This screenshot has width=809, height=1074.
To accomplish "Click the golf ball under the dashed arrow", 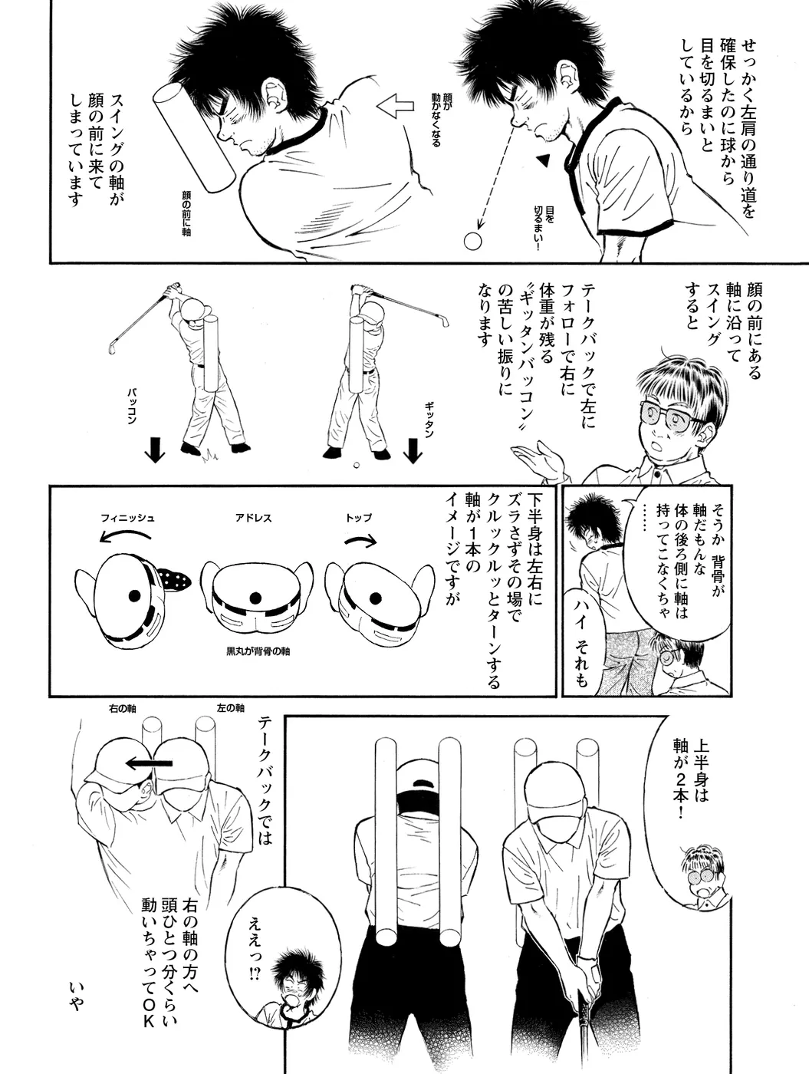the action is pyautogui.click(x=472, y=241).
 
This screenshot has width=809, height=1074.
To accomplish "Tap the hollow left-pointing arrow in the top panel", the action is pyautogui.click(x=396, y=106).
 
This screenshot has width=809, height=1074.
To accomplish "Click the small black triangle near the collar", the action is pyautogui.click(x=543, y=161).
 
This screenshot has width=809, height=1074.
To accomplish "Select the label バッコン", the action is pyautogui.click(x=132, y=406).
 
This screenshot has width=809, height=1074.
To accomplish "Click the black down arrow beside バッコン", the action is pyautogui.click(x=155, y=450).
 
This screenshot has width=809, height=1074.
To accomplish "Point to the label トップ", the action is pyautogui.click(x=359, y=517).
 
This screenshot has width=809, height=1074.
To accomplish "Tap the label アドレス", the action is pyautogui.click(x=253, y=518).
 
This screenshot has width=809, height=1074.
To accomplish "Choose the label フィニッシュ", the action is pyautogui.click(x=127, y=518).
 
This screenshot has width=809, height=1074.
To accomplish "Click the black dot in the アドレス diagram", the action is pyautogui.click(x=255, y=598).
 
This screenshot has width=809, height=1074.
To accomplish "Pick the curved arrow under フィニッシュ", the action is pyautogui.click(x=125, y=534).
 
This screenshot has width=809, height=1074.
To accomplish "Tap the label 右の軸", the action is pyautogui.click(x=122, y=708).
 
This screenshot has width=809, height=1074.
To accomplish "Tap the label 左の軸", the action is pyautogui.click(x=231, y=708).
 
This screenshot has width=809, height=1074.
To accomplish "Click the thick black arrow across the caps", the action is pyautogui.click(x=150, y=763).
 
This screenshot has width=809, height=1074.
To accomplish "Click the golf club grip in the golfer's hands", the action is pyautogui.click(x=587, y=1009).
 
